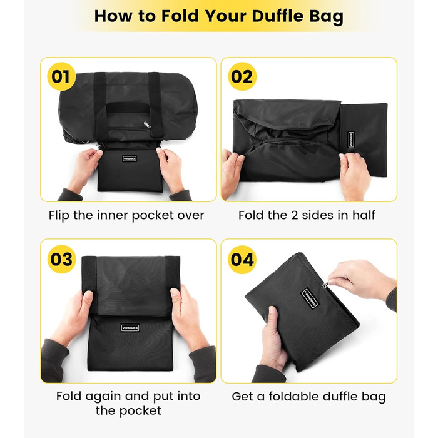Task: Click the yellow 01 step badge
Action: point(61,76)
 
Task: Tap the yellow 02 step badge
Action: point(242,76)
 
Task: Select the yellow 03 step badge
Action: point(61,259)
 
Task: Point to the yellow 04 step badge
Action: point(242,260)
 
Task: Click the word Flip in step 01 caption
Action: point(59,216)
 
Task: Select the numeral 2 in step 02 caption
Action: point(294,215)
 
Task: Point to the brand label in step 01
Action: point(130,159)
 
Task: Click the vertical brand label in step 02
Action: point(351,140)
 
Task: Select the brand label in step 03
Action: point(130,328)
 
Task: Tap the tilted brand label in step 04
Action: point(310,299)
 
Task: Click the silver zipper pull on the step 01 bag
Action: point(147,125)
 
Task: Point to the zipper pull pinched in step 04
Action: point(325,285)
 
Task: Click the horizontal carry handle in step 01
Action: point(128,107)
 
